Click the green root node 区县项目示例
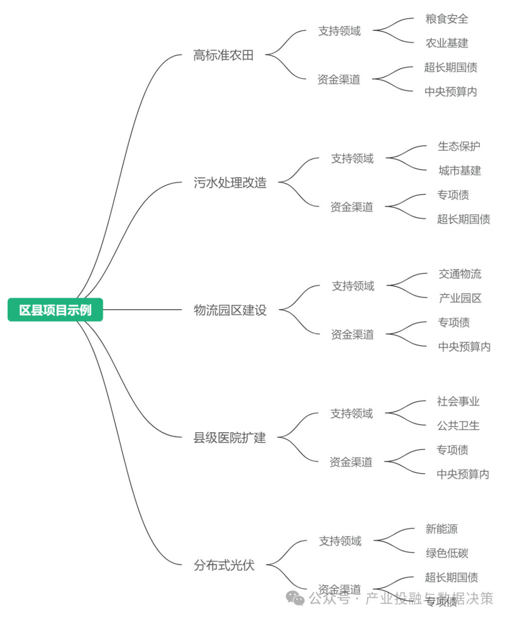[55, 310]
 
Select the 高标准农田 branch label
[223, 55]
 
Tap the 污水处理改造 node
[230, 183]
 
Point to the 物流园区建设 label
[230, 310]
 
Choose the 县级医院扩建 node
[229, 437]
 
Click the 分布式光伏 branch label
[224, 565]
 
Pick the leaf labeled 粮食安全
[447, 19]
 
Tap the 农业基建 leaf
[447, 43]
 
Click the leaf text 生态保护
[459, 146]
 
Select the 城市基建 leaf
[459, 171]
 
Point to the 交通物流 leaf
[460, 274]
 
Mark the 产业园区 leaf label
[460, 298]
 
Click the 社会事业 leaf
[458, 401]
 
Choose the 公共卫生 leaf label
[458, 426]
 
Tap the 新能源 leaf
[442, 529]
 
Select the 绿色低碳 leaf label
[447, 553]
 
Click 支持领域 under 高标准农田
[339, 31]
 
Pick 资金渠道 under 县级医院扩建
[351, 462]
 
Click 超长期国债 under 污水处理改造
[463, 219]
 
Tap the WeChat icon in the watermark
[296, 598]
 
